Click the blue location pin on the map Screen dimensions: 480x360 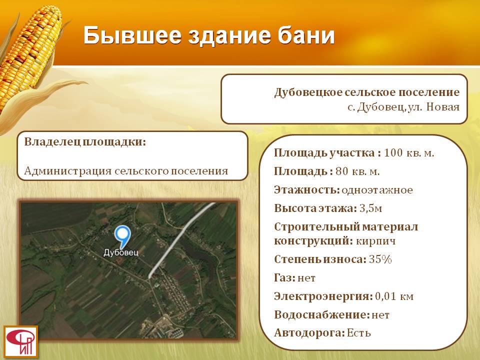coord(122,236)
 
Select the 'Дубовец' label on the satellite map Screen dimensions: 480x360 coord(121,252)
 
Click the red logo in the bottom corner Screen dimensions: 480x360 coord(20,342)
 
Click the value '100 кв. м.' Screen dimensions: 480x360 coord(409,153)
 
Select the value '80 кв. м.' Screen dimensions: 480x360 coord(357,171)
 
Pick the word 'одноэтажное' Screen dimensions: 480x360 coord(377,190)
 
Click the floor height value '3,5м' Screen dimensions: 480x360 coord(370,208)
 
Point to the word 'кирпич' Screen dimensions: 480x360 coord(376,241)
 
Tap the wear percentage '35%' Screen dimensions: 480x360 coord(380,259)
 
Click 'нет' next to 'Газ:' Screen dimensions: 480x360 coord(306,278)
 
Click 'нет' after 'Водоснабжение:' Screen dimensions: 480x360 coord(380,315)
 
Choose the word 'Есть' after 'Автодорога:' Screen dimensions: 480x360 coord(359,333)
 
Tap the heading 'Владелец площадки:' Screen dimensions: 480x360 coord(85,142)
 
